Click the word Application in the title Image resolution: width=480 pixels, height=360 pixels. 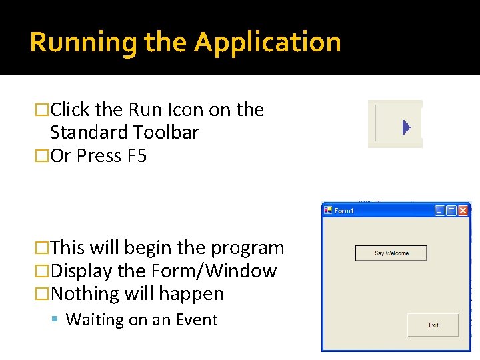point(267,43)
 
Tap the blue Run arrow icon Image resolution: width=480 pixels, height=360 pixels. point(407,127)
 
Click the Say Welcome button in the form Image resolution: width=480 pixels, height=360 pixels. point(391,253)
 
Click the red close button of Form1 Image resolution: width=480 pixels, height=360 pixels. point(463,211)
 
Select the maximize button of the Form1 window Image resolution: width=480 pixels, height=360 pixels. point(451,211)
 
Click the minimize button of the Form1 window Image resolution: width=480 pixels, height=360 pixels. point(439,211)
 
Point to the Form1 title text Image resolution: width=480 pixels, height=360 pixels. point(344,211)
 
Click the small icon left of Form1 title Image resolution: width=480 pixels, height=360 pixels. point(328,211)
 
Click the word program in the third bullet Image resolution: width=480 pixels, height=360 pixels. point(247,248)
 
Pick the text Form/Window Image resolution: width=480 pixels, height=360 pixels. point(213,271)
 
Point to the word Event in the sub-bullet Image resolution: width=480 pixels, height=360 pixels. point(196,320)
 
